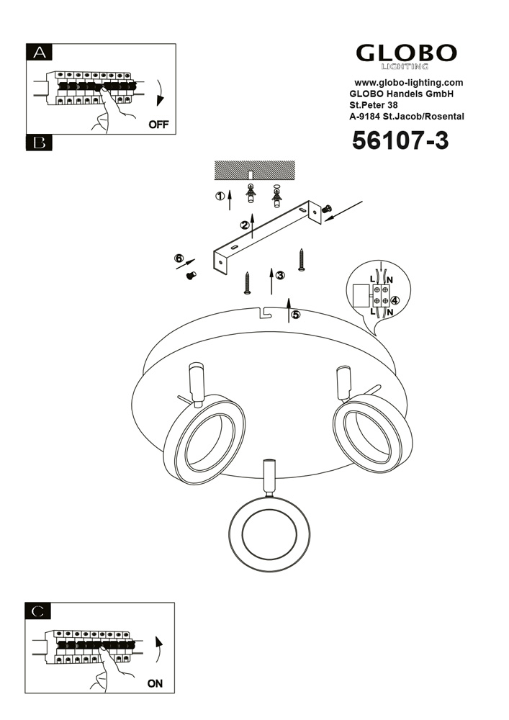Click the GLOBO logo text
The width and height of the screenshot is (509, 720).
point(407,53)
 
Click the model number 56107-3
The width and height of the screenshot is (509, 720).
point(400,140)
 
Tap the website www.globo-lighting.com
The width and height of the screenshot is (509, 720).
point(408,83)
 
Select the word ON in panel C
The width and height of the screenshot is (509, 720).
point(155,684)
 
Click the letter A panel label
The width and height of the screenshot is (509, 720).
point(40,52)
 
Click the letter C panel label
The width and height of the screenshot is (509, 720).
point(40,611)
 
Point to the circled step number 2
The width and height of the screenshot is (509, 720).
point(245,225)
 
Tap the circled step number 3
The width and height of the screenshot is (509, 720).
point(280,275)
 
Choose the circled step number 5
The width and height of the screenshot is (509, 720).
point(295,314)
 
